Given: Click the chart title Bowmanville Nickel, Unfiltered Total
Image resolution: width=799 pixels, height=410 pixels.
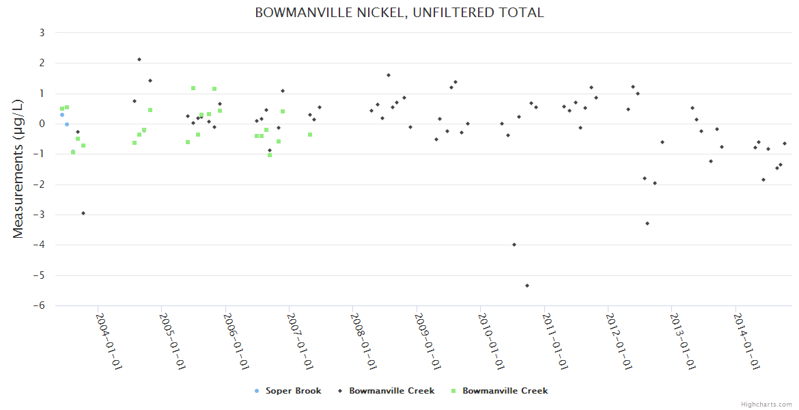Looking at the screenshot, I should (399, 13).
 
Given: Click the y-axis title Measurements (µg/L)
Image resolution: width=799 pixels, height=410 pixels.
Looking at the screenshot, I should (18, 169).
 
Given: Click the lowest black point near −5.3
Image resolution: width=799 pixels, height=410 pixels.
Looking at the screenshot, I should (527, 286).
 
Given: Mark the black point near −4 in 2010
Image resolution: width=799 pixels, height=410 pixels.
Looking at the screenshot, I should (514, 245).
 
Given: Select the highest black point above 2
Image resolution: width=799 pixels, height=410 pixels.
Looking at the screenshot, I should (139, 59).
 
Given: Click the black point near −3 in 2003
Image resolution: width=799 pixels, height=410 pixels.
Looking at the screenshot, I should (83, 213).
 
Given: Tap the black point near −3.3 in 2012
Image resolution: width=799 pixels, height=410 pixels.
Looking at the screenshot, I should (647, 223).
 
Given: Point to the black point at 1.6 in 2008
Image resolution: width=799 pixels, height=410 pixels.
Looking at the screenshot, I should (389, 75).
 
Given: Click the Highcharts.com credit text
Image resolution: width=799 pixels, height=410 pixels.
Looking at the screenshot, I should (766, 404).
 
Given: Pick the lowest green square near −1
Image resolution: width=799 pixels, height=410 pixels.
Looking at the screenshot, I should (270, 155).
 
